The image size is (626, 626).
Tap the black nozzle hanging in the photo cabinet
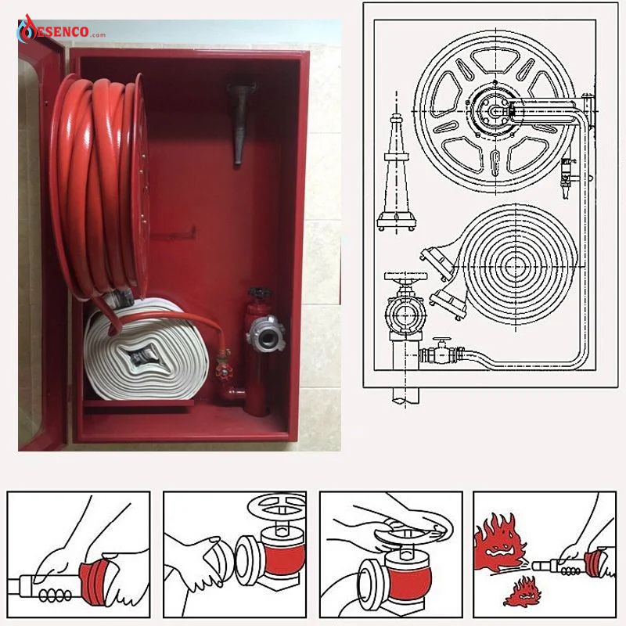coord(241,123)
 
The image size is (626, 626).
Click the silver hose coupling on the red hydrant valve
coord(265,335)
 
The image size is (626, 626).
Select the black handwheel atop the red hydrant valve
coord(260,293)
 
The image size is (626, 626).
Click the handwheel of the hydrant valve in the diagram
coord(405,276)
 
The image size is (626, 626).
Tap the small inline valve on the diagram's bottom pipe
coord(441,351)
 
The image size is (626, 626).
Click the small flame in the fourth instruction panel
coord(520,591)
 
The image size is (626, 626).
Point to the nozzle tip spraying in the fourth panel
coord(542,565)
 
